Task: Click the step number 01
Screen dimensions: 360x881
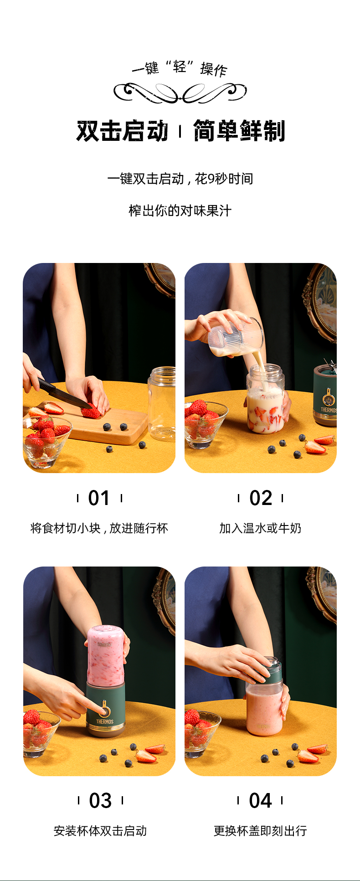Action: [99, 498]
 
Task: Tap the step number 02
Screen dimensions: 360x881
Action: [261, 498]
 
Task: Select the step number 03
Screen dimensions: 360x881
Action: [100, 801]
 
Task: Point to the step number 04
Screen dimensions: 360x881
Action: [260, 801]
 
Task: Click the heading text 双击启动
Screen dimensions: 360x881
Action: [123, 131]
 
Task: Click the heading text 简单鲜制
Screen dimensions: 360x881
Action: [239, 131]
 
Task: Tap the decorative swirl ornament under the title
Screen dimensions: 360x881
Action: [180, 93]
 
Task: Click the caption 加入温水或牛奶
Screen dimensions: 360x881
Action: [260, 528]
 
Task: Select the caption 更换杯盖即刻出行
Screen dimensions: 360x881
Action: [260, 831]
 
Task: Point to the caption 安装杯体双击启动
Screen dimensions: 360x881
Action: [100, 831]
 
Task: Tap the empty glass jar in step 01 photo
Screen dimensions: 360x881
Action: [162, 404]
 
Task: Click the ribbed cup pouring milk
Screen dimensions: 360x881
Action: [236, 338]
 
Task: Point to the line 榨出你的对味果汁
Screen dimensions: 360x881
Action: [180, 211]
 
